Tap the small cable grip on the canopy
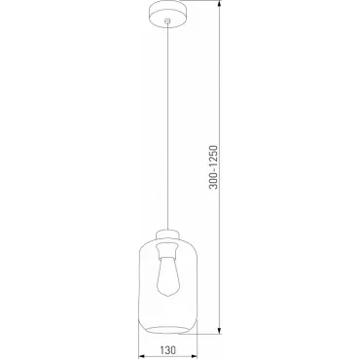[167, 21]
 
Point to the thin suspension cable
[167, 126]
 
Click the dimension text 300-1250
[213, 167]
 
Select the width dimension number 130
[167, 349]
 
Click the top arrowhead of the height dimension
[220, 5]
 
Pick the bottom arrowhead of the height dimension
[220, 330]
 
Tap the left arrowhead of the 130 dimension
[143, 356]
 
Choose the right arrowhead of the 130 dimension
[193, 356]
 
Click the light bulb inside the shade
[167, 277]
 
